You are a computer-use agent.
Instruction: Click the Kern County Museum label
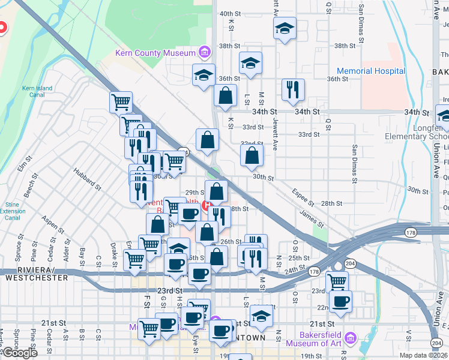coord(155,53)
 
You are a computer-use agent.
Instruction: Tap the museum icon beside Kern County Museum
coord(205,53)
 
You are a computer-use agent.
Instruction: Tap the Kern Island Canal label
coord(37,91)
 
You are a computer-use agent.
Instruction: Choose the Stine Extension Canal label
coord(12,208)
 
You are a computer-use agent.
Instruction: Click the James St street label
coord(312,217)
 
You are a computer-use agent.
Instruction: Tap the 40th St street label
coord(230,13)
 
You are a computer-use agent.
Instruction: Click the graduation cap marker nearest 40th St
coord(285,28)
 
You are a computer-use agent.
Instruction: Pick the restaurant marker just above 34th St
coord(293,89)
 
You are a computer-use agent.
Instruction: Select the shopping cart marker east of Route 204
coord(337,281)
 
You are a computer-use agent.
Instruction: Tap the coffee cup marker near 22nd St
coord(341,301)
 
